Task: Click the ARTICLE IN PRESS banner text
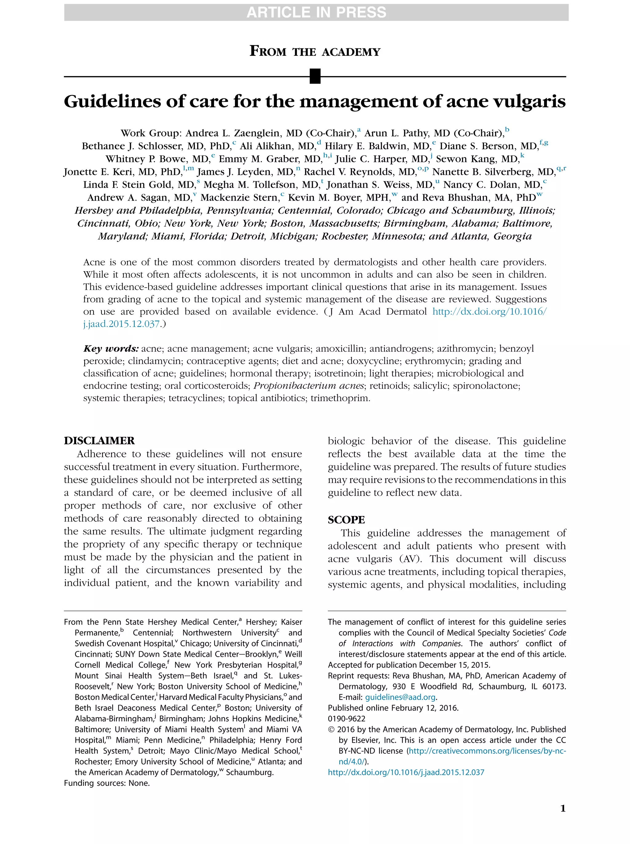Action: point(316,13)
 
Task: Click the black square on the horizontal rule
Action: point(315,76)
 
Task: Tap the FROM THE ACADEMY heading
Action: point(315,51)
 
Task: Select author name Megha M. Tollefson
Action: point(261,185)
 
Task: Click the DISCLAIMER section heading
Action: point(99,441)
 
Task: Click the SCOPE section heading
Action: point(346,520)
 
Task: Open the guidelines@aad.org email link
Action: point(400,697)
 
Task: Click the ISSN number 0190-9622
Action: point(346,718)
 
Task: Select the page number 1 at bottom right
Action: point(563,808)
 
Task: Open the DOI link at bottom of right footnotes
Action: point(406,772)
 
